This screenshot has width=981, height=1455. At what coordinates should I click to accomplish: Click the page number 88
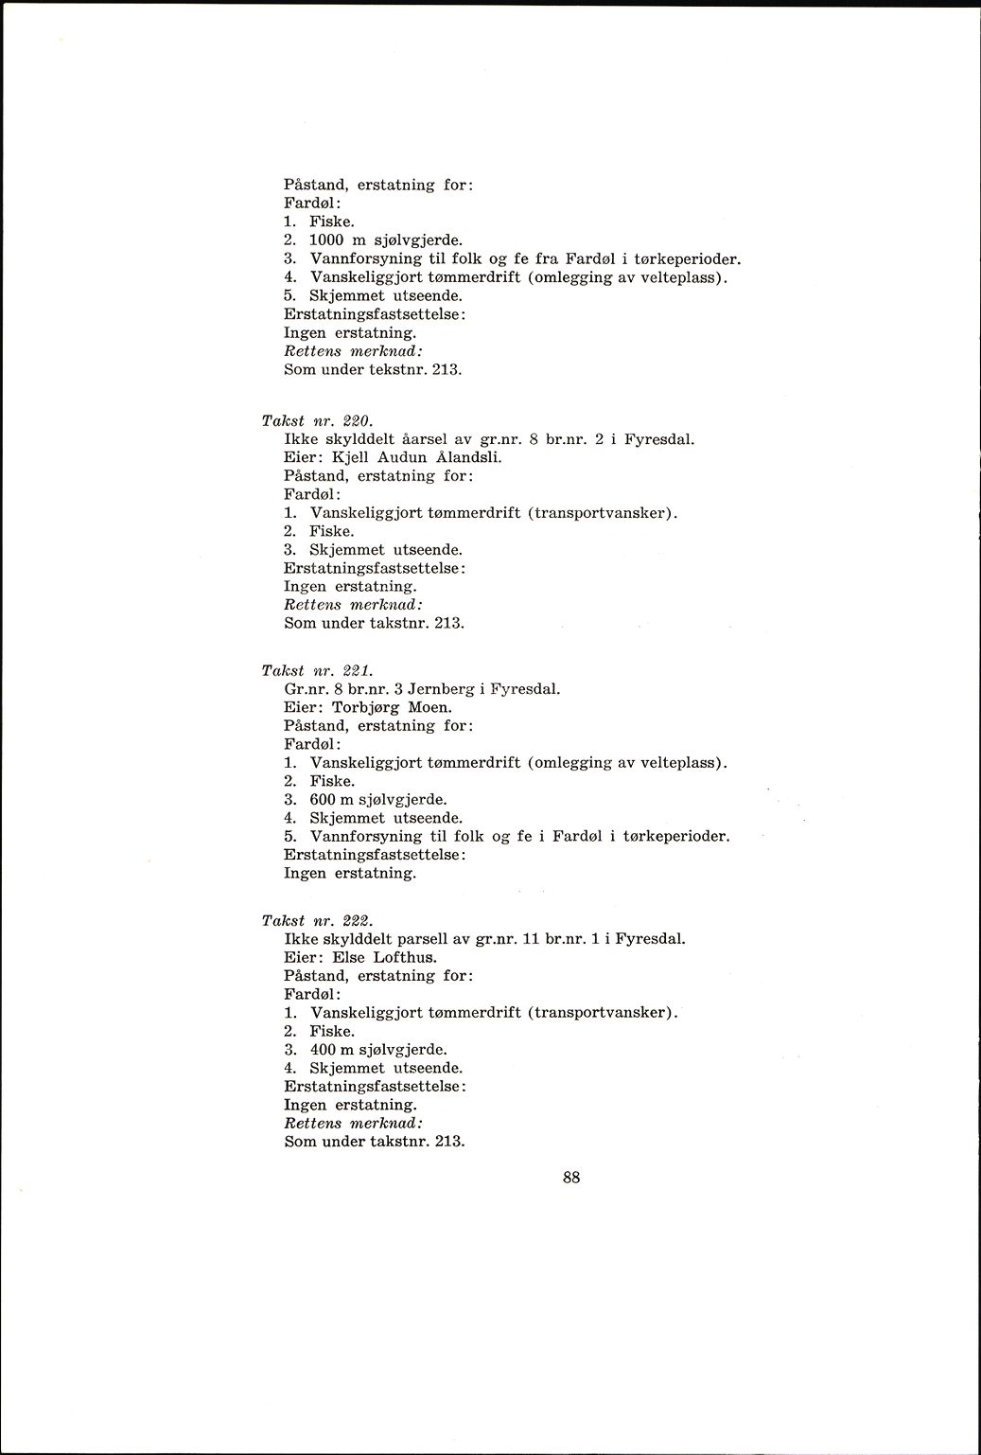coord(570,1178)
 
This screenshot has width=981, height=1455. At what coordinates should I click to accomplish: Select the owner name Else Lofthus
coord(385,957)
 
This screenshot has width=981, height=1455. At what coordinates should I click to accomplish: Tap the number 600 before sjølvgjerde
coord(323,799)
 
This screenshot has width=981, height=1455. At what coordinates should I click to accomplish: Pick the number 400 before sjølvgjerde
coord(323,1049)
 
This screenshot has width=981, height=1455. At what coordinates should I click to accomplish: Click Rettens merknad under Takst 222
coord(353,1123)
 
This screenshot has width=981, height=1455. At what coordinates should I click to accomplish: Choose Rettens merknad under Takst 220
coord(353,605)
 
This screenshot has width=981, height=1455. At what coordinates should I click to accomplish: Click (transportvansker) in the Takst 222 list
coord(604,1012)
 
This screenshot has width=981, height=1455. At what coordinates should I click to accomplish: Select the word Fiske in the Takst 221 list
coord(332,781)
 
